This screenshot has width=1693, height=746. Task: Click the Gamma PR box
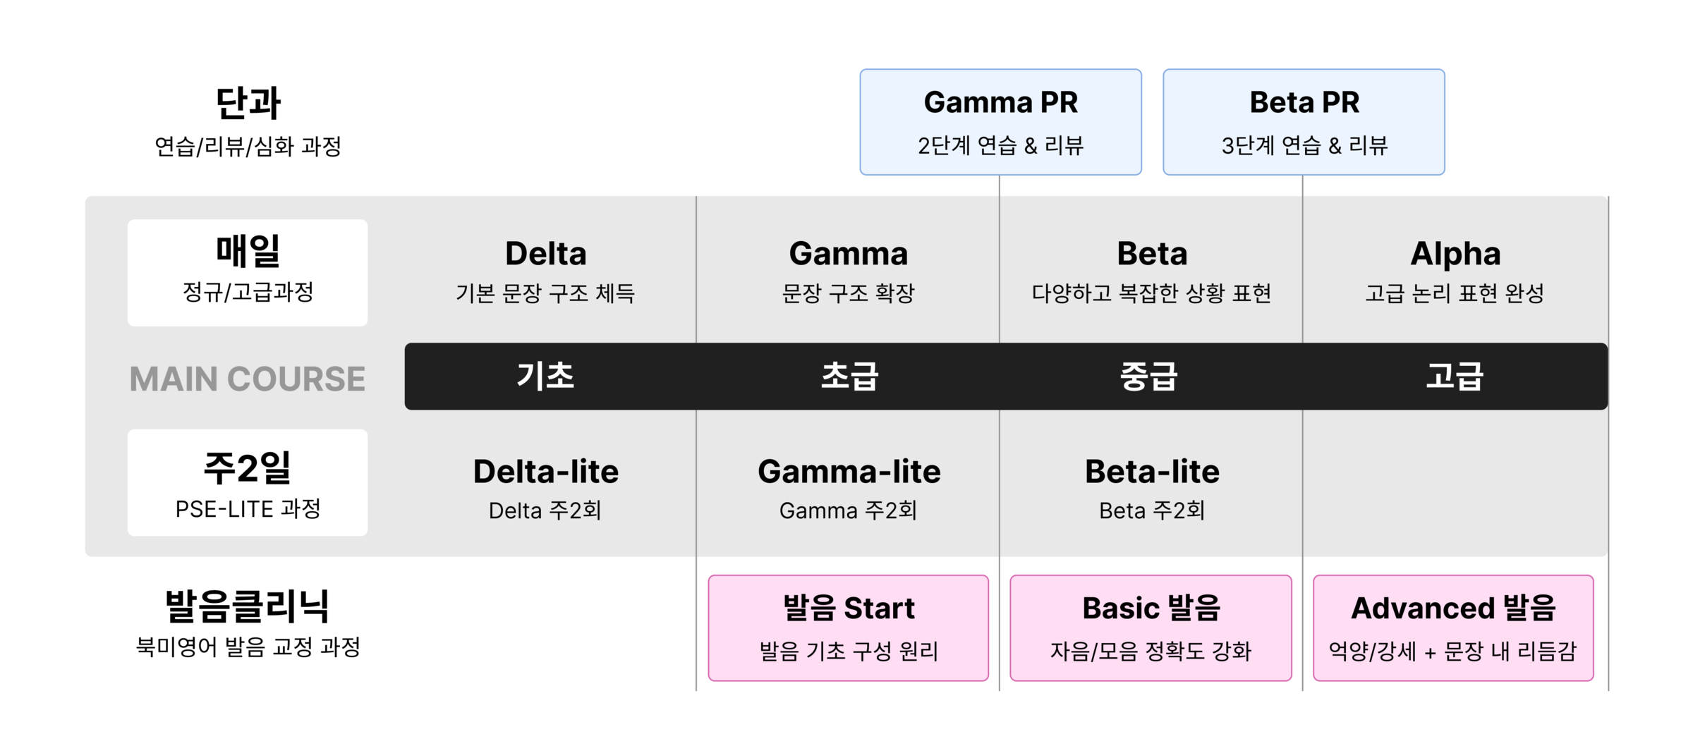[x=1000, y=122]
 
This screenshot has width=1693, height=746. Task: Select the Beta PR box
[x=1304, y=122]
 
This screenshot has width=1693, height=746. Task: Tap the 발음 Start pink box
[x=849, y=628]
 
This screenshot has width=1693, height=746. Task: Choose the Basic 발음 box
[x=1151, y=628]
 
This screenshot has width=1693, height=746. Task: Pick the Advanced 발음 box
[x=1453, y=628]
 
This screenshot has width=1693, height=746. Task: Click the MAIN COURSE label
[x=247, y=379]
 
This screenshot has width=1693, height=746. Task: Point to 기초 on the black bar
[x=545, y=376]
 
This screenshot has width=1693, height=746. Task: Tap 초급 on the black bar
[x=849, y=376]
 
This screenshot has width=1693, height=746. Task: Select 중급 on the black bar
[x=1149, y=376]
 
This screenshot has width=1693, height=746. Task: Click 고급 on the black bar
[x=1455, y=376]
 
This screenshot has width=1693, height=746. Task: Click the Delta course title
[x=545, y=254]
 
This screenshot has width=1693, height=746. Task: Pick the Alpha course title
[x=1455, y=254]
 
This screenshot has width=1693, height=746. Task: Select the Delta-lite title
[x=545, y=472]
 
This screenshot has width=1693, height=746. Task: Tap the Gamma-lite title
[x=849, y=472]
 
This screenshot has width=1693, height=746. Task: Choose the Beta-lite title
[x=1152, y=472]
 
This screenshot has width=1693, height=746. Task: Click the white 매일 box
[x=248, y=272]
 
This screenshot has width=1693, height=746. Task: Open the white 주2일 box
[x=248, y=482]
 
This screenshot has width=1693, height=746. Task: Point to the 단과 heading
[x=248, y=103]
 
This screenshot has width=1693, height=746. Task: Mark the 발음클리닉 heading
[x=248, y=606]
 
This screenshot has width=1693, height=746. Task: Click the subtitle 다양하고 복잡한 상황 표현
[x=1151, y=293]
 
